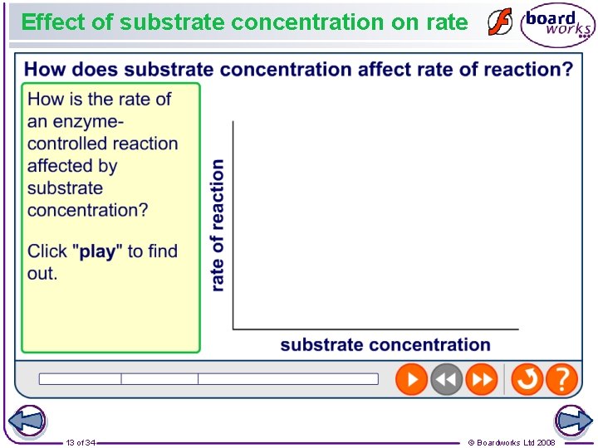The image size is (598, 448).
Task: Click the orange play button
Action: point(411,380)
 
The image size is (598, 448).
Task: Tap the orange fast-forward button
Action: point(482,380)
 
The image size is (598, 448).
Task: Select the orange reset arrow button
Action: point(527,380)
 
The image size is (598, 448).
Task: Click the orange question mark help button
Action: point(562,380)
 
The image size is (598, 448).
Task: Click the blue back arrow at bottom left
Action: point(26,421)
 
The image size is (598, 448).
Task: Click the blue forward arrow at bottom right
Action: point(573,421)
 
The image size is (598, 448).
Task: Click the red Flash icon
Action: point(499,23)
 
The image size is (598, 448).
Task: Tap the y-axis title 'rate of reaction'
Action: point(218,226)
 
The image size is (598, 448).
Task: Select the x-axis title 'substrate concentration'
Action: point(385,345)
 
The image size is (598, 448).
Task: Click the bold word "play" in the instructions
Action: point(97,251)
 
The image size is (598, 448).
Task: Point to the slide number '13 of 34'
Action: point(81,443)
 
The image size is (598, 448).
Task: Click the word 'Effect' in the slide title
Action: point(53,22)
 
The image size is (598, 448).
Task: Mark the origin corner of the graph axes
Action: point(233,329)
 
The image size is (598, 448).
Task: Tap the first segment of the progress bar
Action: point(80,379)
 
